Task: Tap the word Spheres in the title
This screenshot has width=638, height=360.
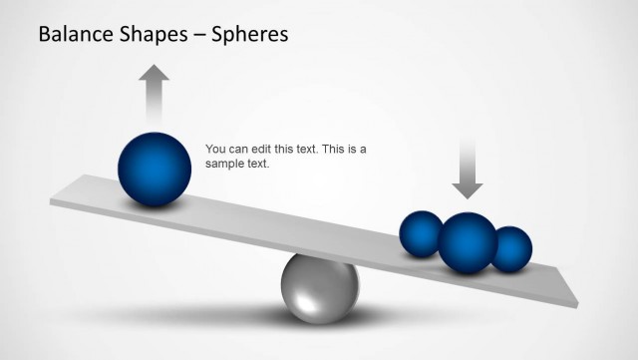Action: pyautogui.click(x=249, y=35)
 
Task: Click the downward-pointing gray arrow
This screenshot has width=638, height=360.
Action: pyautogui.click(x=466, y=166)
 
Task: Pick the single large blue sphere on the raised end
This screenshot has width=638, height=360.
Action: pyautogui.click(x=155, y=170)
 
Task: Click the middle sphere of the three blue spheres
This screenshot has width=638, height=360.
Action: pyautogui.click(x=468, y=241)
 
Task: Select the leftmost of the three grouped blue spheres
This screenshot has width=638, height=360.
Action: pyautogui.click(x=420, y=234)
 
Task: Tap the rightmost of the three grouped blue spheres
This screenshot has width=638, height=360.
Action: pyautogui.click(x=511, y=249)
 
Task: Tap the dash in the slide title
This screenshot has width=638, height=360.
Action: pyautogui.click(x=200, y=36)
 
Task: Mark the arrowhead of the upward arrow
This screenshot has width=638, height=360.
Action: pyautogui.click(x=154, y=73)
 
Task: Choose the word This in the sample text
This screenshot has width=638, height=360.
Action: pyautogui.click(x=333, y=150)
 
